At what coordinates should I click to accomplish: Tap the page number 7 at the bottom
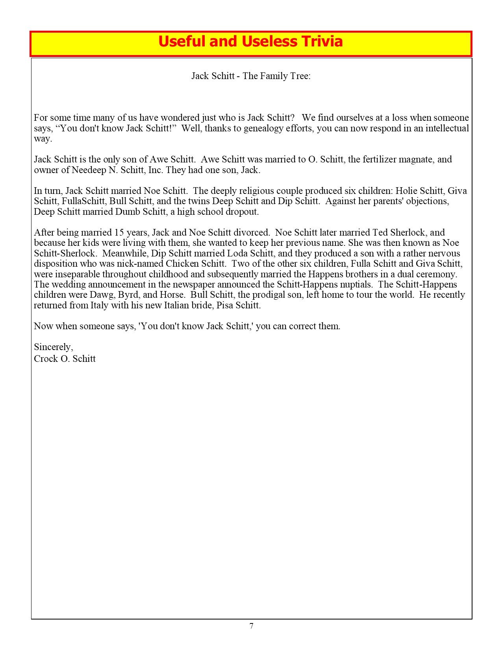[251, 626]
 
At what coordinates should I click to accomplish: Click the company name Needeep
[89, 170]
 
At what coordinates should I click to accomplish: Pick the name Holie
[406, 191]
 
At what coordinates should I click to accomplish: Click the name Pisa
[225, 305]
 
